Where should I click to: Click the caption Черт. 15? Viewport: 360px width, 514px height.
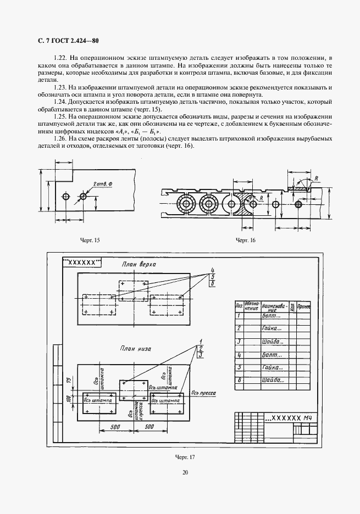[90, 241]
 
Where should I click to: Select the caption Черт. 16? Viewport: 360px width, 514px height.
[246, 241]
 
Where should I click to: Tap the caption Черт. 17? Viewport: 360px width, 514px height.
[186, 457]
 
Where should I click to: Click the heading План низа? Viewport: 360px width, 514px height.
[135, 349]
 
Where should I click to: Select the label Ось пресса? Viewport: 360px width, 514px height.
[203, 393]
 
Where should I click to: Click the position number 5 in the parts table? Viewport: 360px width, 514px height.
[239, 367]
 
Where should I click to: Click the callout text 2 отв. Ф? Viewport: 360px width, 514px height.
[102, 183]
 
